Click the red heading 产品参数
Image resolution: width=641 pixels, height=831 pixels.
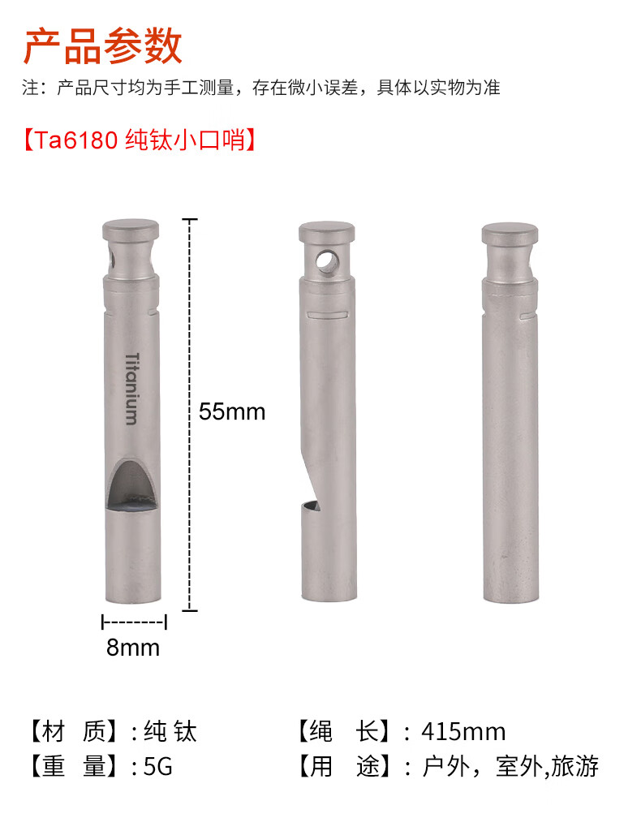pyautogui.click(x=102, y=46)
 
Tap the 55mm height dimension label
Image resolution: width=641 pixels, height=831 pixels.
pyautogui.click(x=231, y=411)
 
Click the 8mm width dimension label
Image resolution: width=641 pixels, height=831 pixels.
pyautogui.click(x=132, y=647)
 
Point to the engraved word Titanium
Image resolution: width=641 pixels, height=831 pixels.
pyautogui.click(x=132, y=389)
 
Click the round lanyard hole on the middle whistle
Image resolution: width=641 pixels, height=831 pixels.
pyautogui.click(x=326, y=260)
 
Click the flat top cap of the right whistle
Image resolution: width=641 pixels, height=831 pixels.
pyautogui.click(x=510, y=234)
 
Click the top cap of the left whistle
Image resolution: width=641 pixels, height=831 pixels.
pyautogui.click(x=131, y=230)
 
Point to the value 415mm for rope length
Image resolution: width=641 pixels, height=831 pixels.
pyautogui.click(x=463, y=732)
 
